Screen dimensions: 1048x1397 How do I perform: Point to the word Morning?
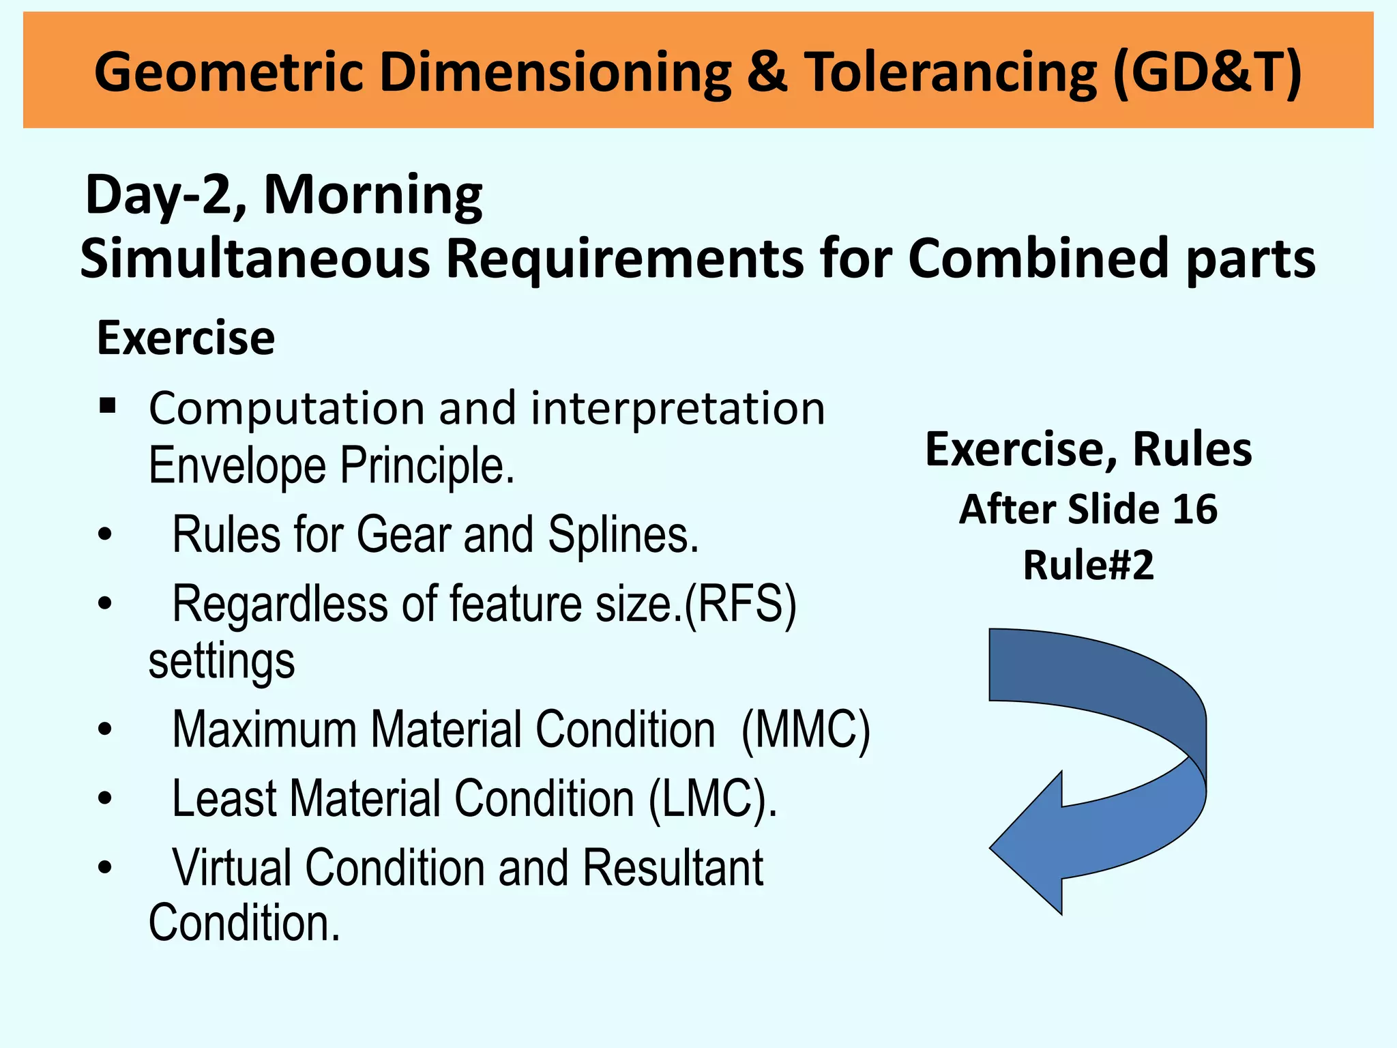coord(373,196)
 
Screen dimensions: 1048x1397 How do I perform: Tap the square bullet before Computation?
coord(107,407)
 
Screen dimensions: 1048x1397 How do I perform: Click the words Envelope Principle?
coord(332,466)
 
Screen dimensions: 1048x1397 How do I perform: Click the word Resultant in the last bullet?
coord(673,868)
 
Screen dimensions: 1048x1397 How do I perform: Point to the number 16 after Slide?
coord(1194,510)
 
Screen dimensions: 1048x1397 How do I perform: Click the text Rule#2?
coord(1088,566)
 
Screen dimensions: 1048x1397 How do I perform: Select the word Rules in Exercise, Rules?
coord(1192,450)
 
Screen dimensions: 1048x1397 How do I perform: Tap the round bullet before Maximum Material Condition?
coord(104,729)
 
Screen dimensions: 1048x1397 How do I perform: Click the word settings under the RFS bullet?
coord(222,661)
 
